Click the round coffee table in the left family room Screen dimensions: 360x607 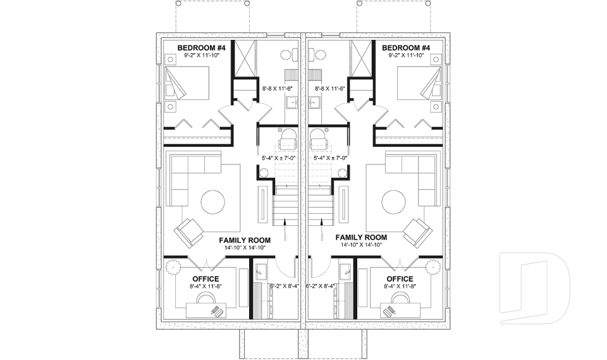click(213, 203)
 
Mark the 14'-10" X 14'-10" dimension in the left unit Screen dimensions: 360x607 click(245, 248)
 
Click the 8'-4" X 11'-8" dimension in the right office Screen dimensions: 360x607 click(400, 287)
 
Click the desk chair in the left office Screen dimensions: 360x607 click(217, 311)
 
